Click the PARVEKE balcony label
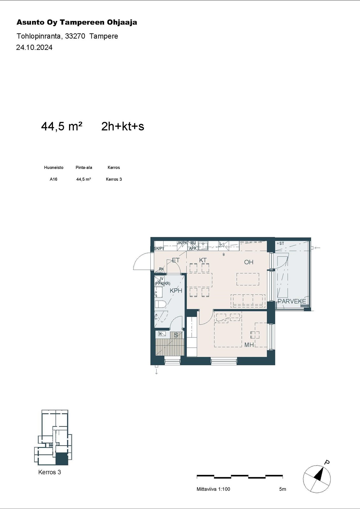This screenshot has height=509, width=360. [292, 301]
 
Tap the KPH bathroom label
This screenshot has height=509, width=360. [176, 290]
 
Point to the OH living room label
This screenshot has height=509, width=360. [249, 262]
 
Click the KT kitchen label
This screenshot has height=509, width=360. [203, 260]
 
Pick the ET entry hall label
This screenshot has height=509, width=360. [176, 260]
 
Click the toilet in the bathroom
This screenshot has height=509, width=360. [160, 304]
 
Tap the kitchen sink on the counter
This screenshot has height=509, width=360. [203, 245]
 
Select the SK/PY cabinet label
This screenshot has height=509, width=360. [159, 248]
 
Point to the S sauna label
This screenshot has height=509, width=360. [176, 335]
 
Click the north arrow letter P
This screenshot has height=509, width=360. [327, 462]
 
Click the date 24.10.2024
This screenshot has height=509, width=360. [34, 47]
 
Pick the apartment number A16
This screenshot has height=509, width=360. [53, 179]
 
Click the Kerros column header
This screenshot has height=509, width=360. [114, 167]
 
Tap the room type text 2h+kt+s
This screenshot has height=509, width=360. [123, 126]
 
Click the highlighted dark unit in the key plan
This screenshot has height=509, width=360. [62, 459]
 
